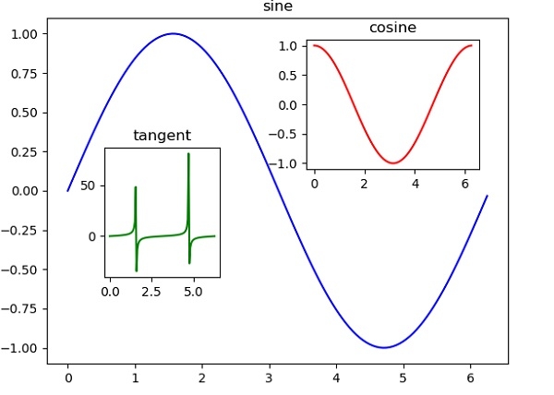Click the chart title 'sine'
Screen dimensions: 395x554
tap(277, 6)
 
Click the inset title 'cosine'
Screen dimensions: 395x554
tap(392, 28)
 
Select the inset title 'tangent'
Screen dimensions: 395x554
tap(162, 136)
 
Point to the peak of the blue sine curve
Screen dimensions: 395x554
tap(173, 33)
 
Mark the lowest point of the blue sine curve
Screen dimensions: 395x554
tap(383, 348)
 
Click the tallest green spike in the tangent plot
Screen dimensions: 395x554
tap(188, 154)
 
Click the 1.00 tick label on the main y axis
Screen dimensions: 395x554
tap(35, 33)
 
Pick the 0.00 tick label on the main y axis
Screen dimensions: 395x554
tap(35, 191)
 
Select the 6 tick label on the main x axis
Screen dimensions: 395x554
tap(470, 378)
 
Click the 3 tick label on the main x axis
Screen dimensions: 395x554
tap(269, 378)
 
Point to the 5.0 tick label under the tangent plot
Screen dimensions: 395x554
tap(194, 292)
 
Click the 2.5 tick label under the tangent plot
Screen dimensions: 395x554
tap(152, 292)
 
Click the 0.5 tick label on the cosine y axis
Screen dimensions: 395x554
tap(293, 75)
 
